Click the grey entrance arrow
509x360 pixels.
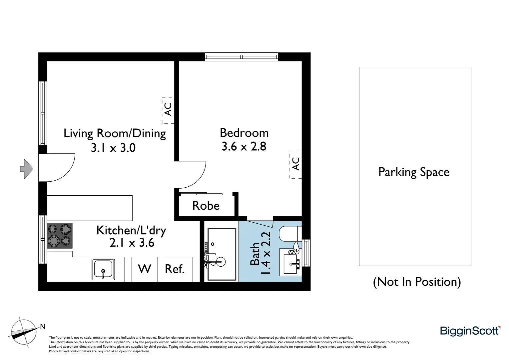[27, 169]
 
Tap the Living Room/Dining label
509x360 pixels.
[115, 133]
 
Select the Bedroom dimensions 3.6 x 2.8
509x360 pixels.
[244, 146]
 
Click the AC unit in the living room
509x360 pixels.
[168, 110]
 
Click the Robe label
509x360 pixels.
[206, 206]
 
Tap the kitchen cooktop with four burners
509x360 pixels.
[60, 235]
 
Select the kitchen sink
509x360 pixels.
[103, 269]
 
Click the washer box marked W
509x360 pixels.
[144, 269]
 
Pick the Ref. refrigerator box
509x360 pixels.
[175, 269]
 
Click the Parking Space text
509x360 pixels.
[414, 172]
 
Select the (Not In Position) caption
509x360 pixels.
[417, 282]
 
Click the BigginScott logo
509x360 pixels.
[470, 331]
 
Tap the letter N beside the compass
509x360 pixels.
[42, 327]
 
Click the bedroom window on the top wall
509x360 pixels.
[242, 57]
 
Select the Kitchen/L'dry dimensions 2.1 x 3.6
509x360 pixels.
[132, 243]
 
